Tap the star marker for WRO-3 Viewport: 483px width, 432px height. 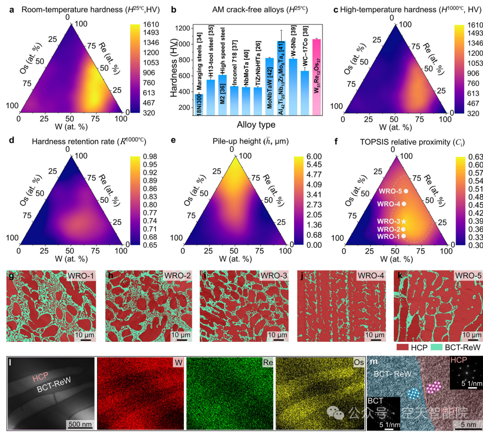click(404, 221)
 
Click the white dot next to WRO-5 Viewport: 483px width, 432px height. click(406, 190)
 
